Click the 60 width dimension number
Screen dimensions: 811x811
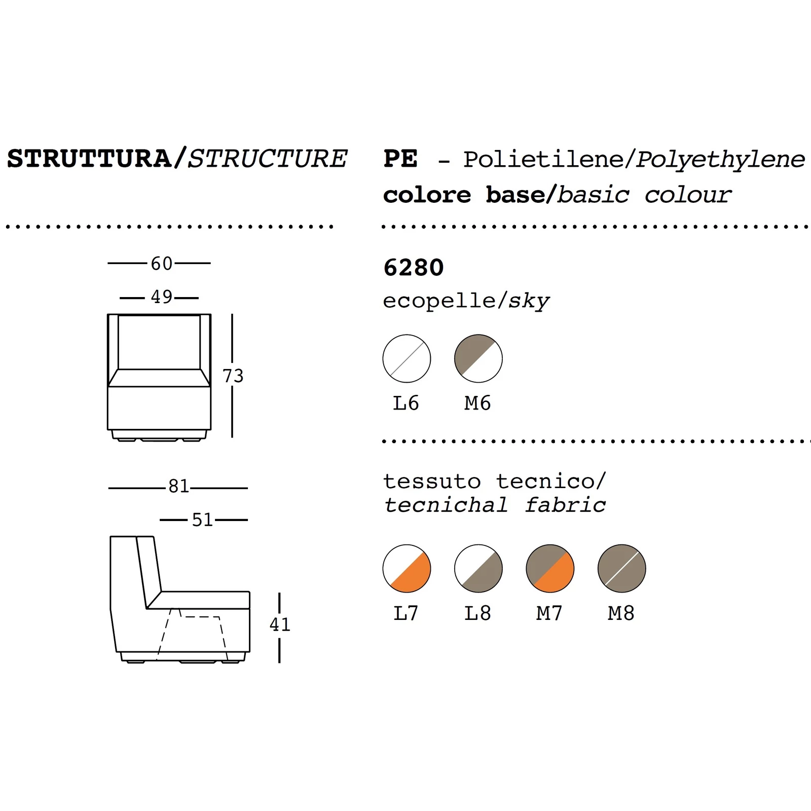(162, 264)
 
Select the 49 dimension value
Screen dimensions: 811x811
(162, 297)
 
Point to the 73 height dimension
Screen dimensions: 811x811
(233, 376)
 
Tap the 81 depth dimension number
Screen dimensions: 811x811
(178, 487)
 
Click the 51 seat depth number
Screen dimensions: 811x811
(202, 520)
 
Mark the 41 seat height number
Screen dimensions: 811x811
(280, 624)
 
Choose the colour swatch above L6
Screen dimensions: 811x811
(407, 359)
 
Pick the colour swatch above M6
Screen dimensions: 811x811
(478, 359)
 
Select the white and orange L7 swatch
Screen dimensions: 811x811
(407, 569)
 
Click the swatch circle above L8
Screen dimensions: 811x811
(478, 569)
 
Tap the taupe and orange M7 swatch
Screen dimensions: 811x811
(550, 569)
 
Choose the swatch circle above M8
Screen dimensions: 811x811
(621, 569)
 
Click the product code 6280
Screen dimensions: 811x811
(414, 268)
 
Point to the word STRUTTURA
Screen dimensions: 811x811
(89, 159)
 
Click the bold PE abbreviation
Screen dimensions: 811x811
(400, 159)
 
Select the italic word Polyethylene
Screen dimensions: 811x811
(720, 160)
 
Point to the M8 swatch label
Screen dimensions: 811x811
(621, 613)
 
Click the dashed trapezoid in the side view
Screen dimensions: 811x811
(193, 634)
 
